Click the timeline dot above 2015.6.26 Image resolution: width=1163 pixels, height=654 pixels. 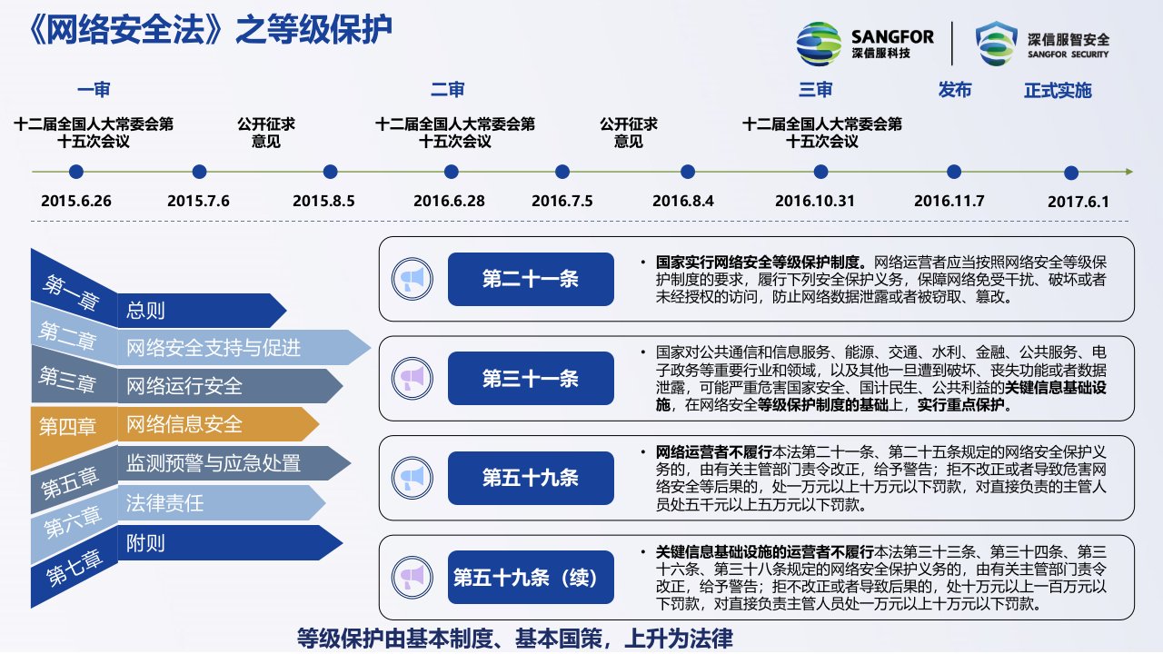point(75,172)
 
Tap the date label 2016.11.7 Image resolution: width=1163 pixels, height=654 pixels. point(949,201)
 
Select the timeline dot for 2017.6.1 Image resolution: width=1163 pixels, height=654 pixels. point(1071,173)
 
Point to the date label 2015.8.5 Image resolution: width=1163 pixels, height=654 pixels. point(323,201)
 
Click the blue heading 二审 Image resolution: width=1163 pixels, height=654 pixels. point(448,90)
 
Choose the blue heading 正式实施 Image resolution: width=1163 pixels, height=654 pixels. point(1058,90)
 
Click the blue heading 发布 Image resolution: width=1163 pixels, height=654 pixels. point(954,90)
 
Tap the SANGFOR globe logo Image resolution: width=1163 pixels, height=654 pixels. point(819,45)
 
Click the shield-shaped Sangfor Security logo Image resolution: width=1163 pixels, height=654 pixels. point(997,44)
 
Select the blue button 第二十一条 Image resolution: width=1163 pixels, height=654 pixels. point(531,279)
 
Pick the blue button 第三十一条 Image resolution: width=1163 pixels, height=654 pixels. point(531,379)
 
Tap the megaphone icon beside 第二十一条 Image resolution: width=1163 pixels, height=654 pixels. point(413,279)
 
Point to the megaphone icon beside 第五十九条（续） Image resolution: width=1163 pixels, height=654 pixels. point(413,577)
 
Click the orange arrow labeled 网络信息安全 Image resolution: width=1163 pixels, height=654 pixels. point(218,424)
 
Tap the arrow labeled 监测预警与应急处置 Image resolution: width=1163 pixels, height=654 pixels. point(234,463)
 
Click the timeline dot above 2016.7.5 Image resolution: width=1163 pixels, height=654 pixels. point(562,172)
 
